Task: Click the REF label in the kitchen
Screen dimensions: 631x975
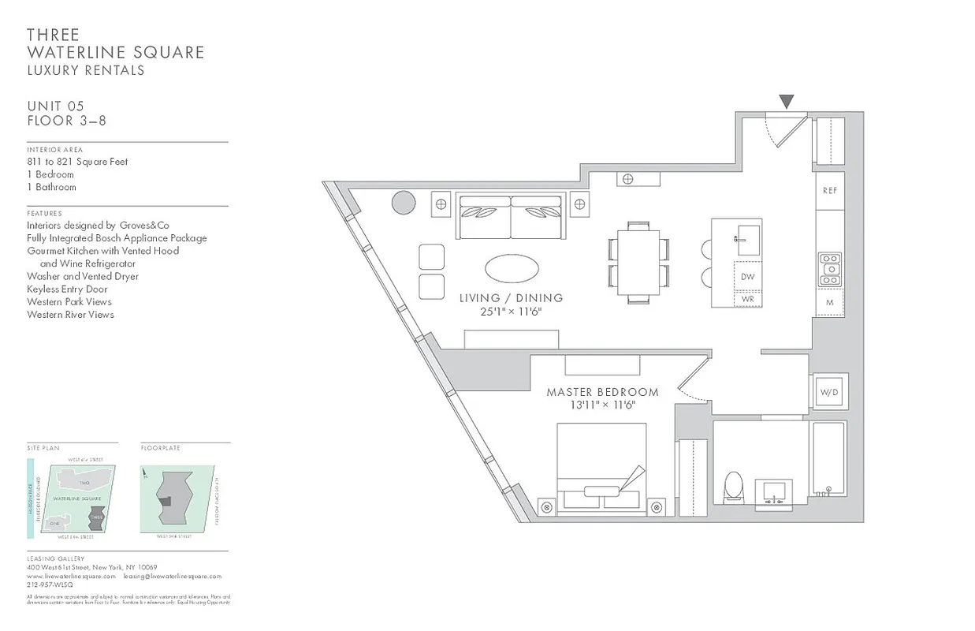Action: (x=829, y=191)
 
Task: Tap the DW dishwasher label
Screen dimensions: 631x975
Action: (x=748, y=277)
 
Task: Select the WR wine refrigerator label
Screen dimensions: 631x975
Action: (x=748, y=299)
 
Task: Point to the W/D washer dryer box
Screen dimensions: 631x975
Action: (x=828, y=392)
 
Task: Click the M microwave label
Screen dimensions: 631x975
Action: (x=830, y=302)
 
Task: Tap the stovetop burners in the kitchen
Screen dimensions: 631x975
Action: (x=830, y=269)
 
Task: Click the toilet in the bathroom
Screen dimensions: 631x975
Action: (x=733, y=487)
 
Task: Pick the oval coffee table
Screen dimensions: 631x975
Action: (x=512, y=268)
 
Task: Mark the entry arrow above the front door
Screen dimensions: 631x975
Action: (x=786, y=102)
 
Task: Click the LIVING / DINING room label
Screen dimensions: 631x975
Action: (x=511, y=298)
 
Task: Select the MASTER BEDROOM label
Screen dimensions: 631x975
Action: (x=602, y=392)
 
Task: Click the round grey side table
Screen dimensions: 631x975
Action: (x=404, y=203)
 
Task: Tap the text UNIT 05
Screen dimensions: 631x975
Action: (x=55, y=106)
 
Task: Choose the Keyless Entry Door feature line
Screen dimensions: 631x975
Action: (x=67, y=289)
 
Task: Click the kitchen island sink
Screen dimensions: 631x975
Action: (x=747, y=238)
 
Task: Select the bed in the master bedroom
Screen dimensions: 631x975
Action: (x=601, y=470)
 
